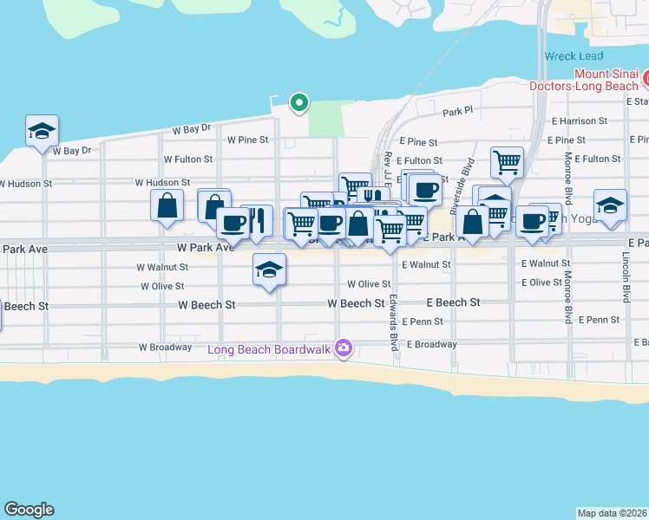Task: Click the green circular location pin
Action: point(299,103)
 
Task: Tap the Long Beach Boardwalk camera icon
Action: point(344,348)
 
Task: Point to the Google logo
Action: point(29,510)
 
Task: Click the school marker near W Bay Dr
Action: point(42,131)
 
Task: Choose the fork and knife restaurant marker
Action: point(257,220)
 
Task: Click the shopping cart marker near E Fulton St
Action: point(507,160)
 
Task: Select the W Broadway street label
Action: point(165,347)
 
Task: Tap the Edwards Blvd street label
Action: point(393,322)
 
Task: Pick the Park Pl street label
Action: point(456,112)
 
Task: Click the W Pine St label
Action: point(248,139)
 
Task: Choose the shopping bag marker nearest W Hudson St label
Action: point(167,205)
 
